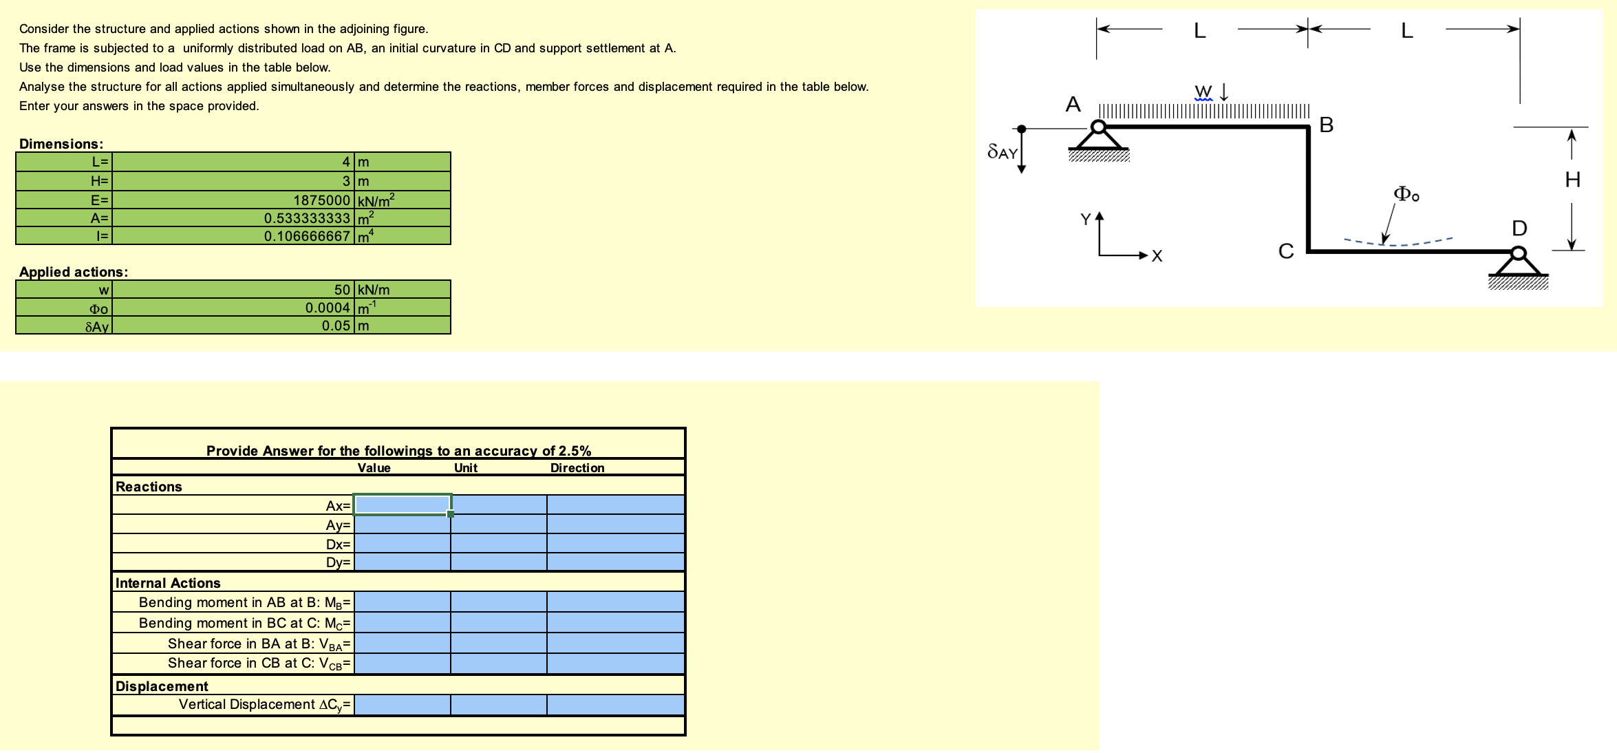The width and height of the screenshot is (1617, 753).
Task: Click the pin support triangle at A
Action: (1099, 138)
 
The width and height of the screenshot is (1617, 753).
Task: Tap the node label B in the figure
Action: (1327, 125)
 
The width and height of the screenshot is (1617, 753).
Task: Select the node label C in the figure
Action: (1285, 251)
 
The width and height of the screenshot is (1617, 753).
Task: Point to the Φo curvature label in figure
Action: (1406, 194)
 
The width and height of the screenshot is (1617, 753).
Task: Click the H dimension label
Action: (1572, 180)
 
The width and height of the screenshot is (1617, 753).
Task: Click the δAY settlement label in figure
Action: (1002, 152)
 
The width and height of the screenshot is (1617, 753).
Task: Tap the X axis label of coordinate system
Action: (1157, 257)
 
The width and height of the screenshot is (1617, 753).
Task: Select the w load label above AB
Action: (1203, 92)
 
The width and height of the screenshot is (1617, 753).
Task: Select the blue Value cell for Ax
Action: (403, 505)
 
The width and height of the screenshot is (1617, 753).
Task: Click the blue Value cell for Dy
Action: (403, 562)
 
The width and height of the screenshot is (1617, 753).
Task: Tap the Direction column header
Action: (577, 468)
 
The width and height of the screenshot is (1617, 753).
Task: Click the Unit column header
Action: (465, 468)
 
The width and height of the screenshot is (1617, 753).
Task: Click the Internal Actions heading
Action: (168, 583)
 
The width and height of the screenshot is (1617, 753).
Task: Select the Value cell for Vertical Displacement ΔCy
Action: (403, 705)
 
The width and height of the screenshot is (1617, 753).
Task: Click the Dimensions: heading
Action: (61, 144)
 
